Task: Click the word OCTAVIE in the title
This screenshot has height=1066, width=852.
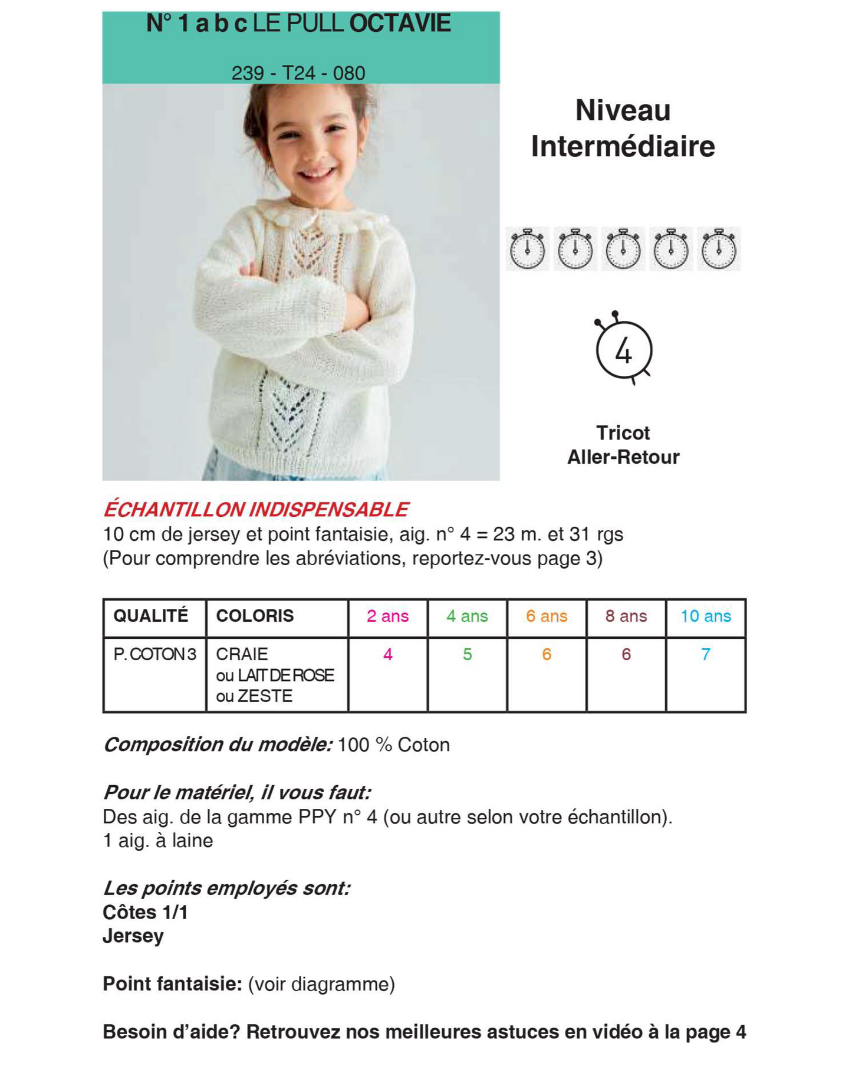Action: [400, 24]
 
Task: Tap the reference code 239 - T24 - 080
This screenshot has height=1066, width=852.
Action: [298, 73]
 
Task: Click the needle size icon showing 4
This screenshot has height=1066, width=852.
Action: [623, 350]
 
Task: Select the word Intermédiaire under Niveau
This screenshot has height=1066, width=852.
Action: [623, 146]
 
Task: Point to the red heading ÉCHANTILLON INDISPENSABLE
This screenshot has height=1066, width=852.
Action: [256, 509]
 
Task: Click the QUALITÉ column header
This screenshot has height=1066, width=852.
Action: [151, 616]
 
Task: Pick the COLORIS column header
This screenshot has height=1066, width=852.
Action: [255, 616]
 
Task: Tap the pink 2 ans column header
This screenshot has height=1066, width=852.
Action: [387, 616]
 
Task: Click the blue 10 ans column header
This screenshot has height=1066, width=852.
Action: [705, 616]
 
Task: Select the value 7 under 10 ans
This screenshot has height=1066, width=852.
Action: [705, 654]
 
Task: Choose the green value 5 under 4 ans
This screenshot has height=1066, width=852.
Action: [467, 654]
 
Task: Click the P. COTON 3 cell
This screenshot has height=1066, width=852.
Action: [154, 654]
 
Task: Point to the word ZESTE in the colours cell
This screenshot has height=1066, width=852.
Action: [265, 697]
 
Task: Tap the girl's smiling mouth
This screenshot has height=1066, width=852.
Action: [317, 174]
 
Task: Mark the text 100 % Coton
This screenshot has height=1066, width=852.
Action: [393, 745]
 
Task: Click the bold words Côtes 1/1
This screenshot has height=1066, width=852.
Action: [145, 913]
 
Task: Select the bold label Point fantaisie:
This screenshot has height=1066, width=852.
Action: [172, 984]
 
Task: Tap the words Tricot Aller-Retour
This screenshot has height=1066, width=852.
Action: [623, 445]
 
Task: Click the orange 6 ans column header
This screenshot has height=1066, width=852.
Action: [547, 616]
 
